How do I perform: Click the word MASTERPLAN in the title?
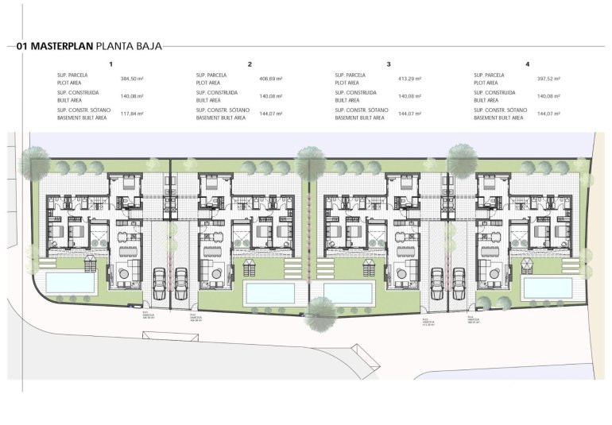62,46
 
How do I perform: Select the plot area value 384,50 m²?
131,79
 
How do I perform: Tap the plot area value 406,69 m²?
271,79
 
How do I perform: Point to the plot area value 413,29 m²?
409,79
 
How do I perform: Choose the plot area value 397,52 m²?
548,79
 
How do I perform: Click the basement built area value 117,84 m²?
131,114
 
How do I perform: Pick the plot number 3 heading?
389,64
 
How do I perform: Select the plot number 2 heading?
250,64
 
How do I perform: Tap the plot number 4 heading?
528,64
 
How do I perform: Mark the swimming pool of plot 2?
270,292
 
